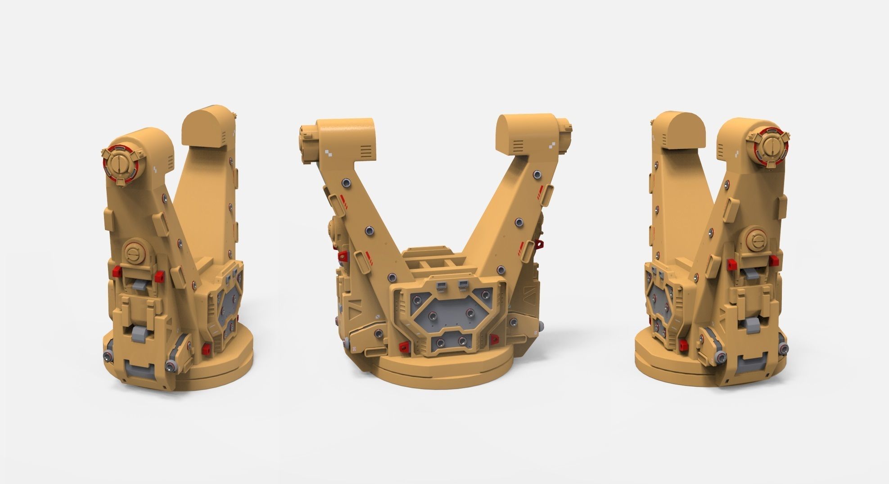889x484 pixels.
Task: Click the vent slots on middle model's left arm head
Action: pyautogui.click(x=367, y=149)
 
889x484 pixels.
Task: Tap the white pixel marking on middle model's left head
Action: pyautogui.click(x=329, y=153)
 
